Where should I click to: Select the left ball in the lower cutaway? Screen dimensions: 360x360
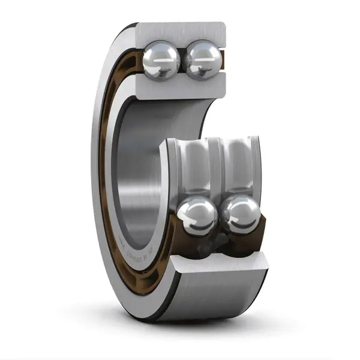197,217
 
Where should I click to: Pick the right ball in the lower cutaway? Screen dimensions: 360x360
240,217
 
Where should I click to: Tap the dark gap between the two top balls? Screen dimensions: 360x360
182,60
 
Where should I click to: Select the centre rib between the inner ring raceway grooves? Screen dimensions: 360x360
217,168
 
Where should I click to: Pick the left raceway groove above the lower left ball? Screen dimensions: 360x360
193,171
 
